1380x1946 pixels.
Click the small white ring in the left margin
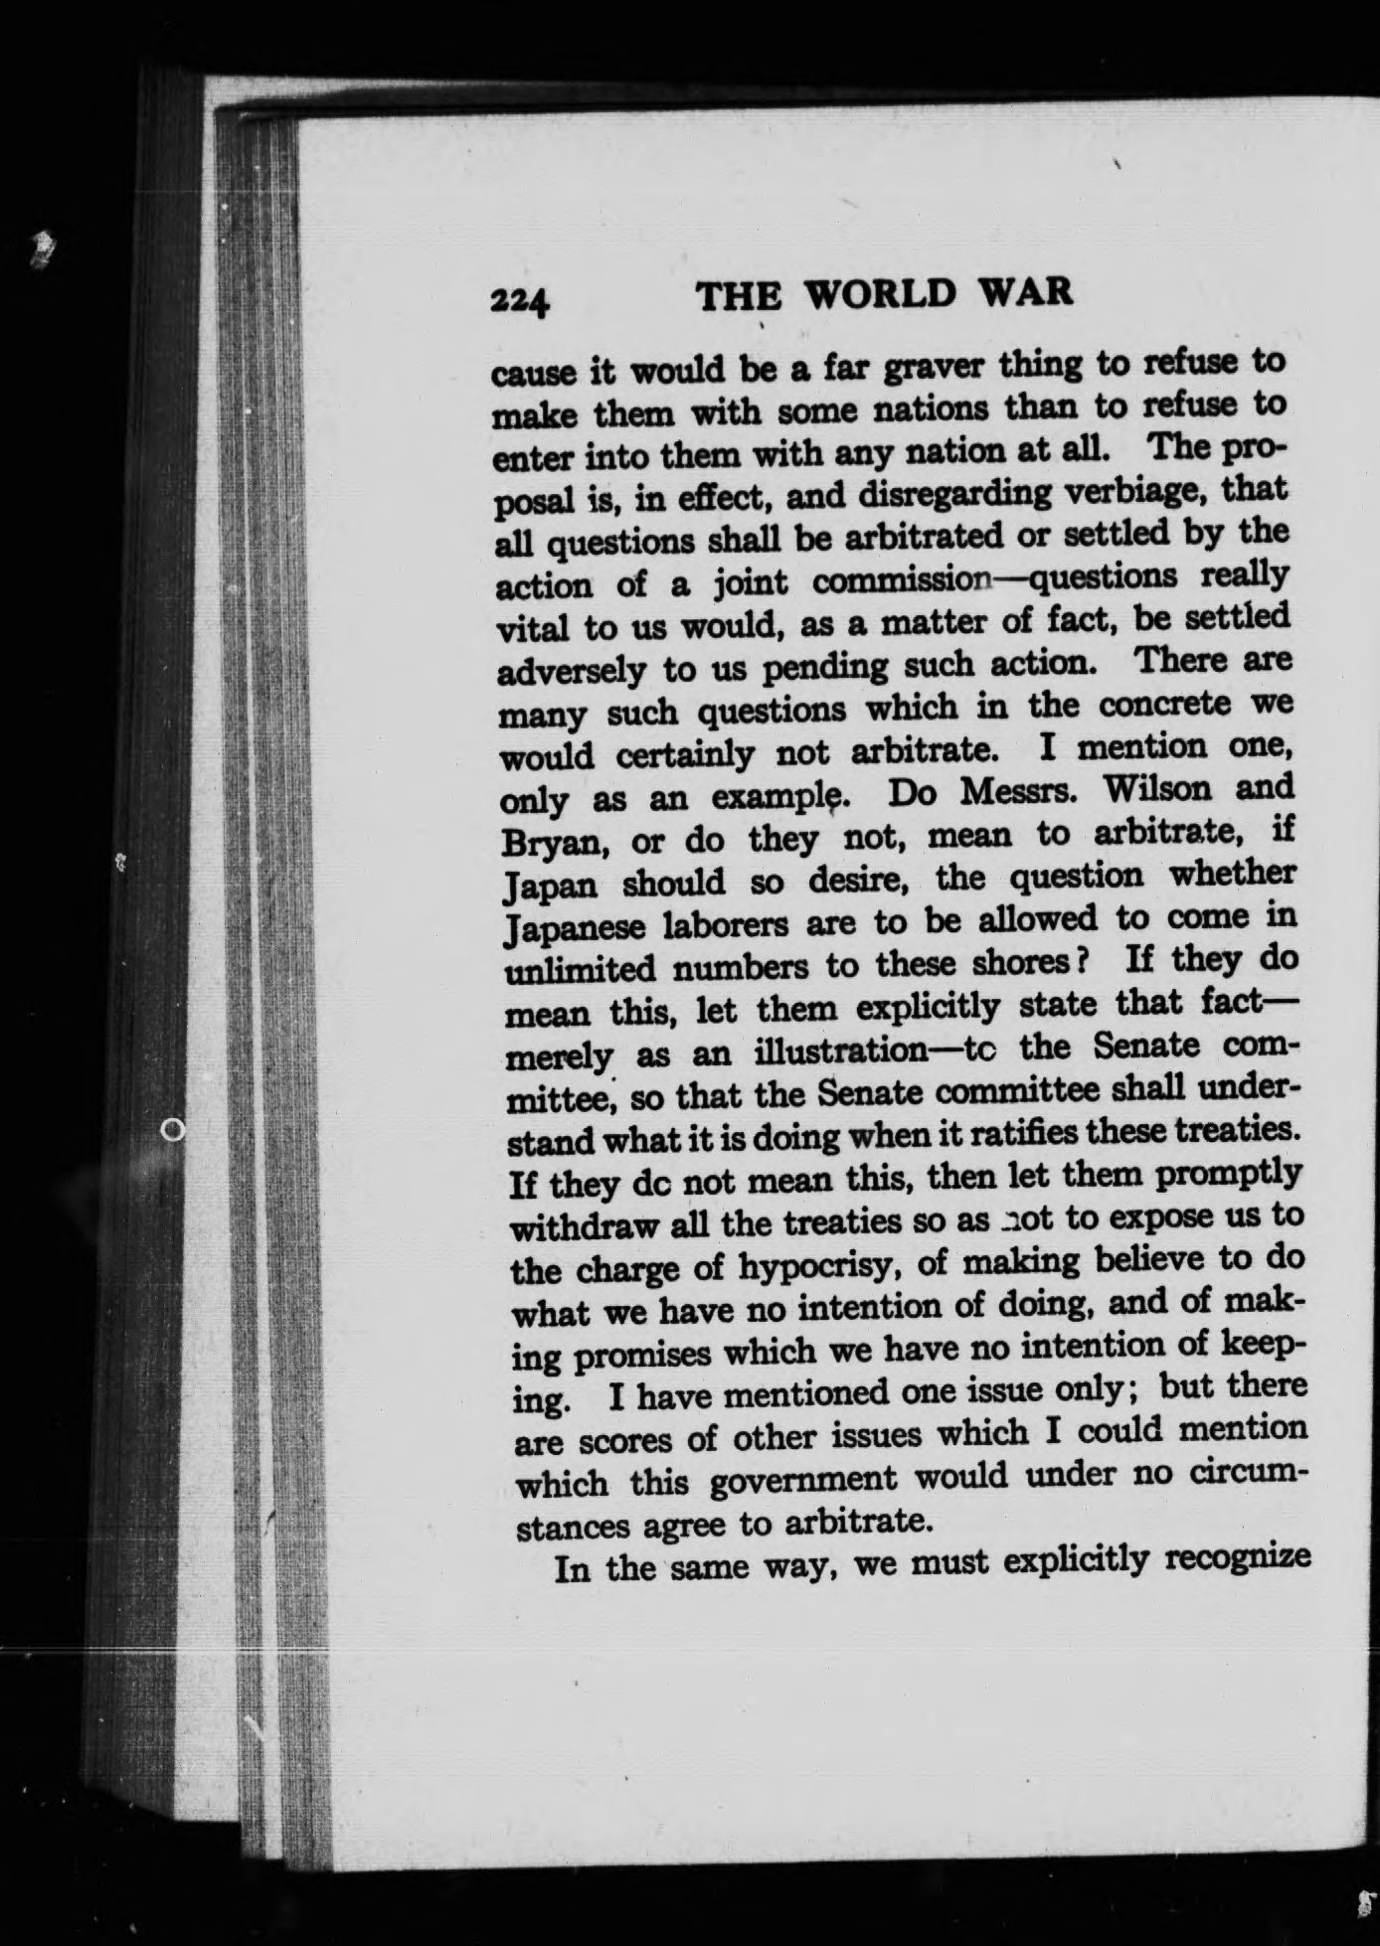point(173,1128)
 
